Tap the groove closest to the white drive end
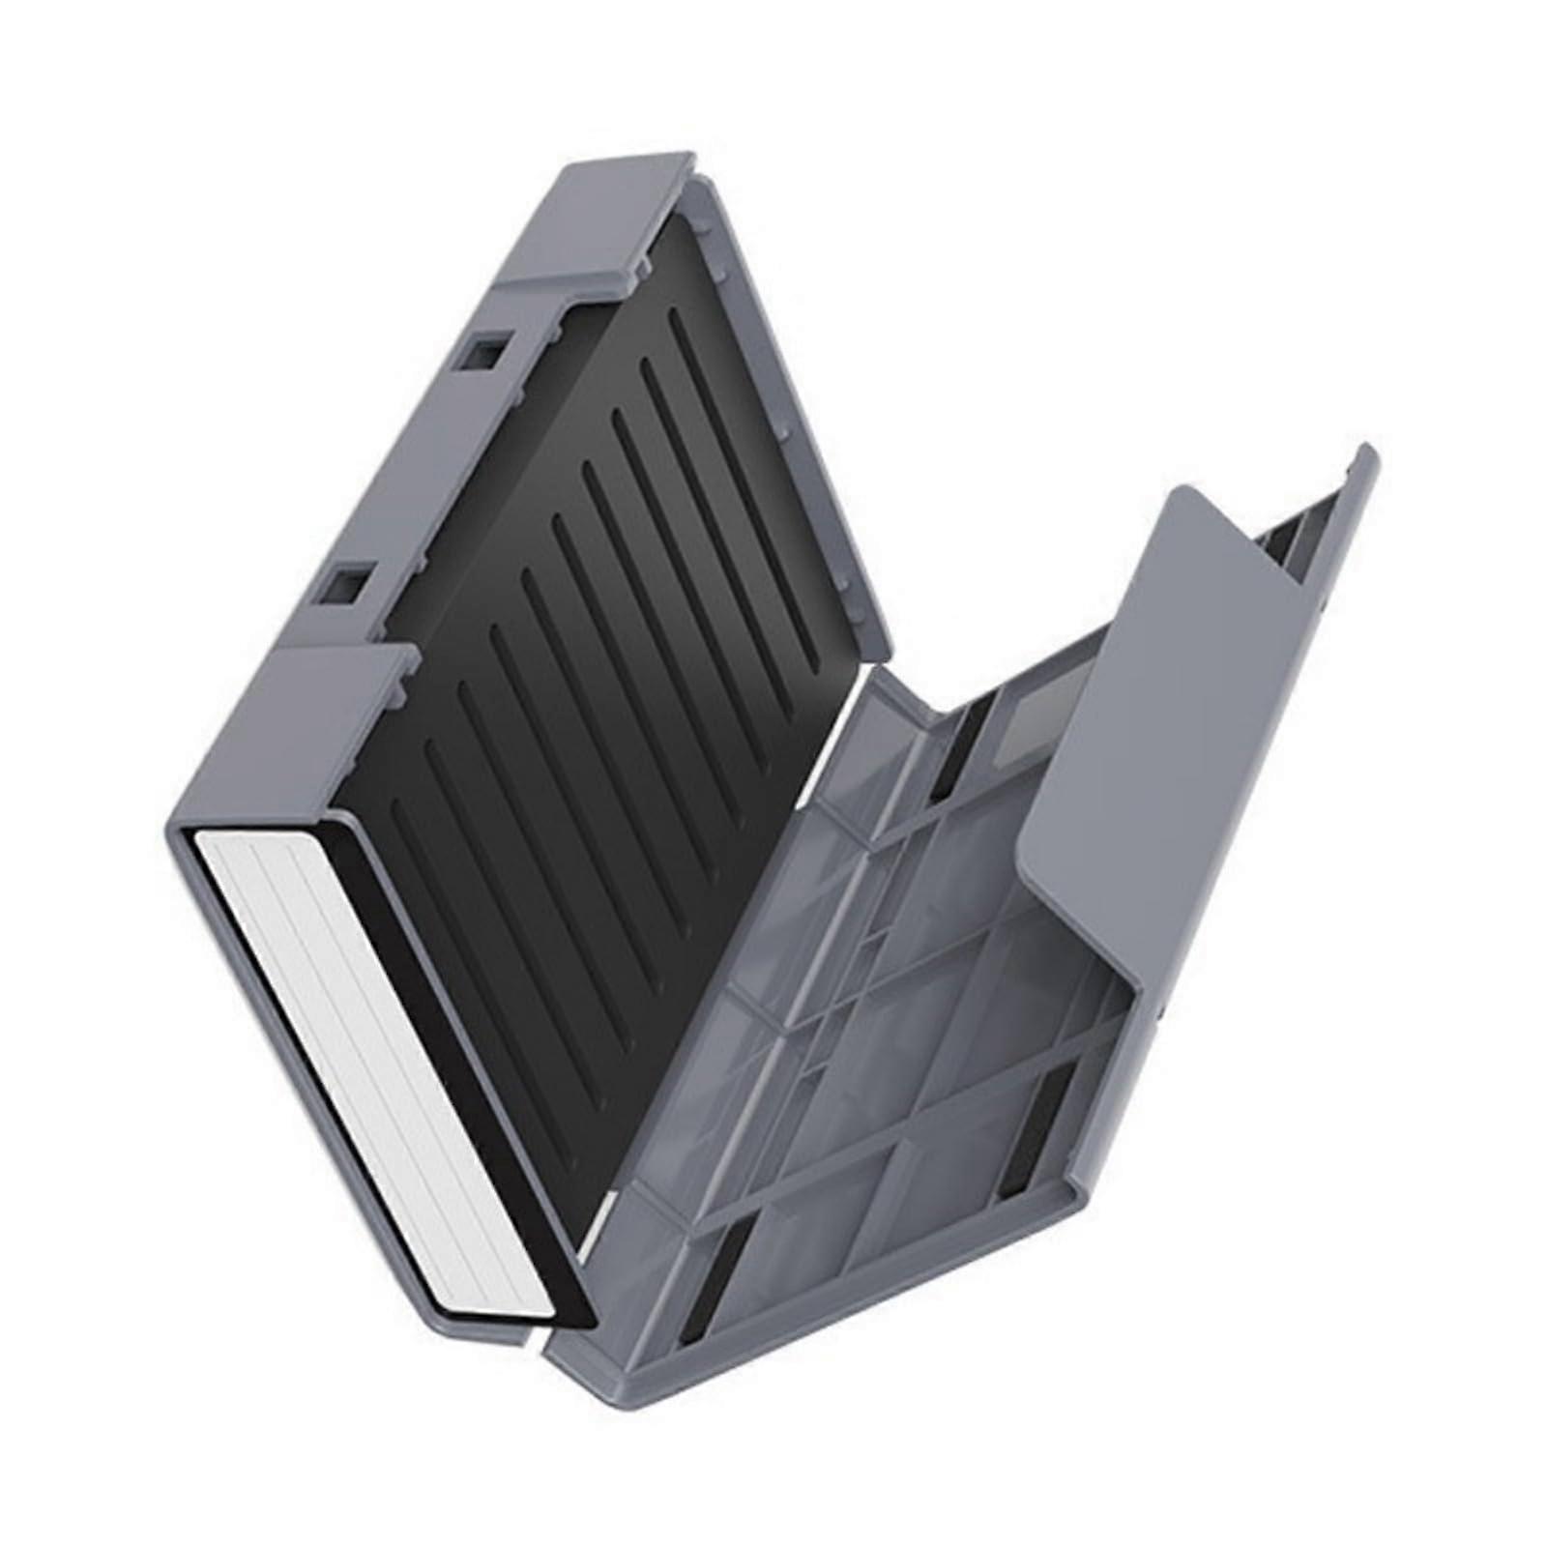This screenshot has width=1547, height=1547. point(425,851)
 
